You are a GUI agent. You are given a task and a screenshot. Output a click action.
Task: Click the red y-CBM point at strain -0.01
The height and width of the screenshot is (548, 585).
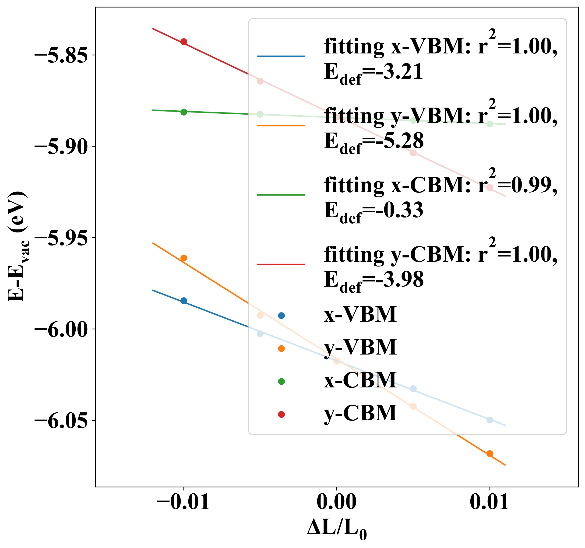(x=184, y=42)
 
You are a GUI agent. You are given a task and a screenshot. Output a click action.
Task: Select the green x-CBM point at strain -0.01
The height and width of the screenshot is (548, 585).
(x=184, y=112)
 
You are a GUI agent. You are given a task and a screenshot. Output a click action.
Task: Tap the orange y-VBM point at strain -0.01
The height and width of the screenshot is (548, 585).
(x=184, y=258)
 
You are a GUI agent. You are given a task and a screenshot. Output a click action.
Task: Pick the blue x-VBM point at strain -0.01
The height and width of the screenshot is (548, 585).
(x=184, y=301)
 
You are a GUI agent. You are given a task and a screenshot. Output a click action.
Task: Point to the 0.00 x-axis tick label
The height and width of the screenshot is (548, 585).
(x=337, y=502)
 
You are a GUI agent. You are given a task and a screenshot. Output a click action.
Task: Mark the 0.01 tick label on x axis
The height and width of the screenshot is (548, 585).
(x=489, y=502)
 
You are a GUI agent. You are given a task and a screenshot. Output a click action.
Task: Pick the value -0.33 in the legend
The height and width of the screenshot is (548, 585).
(x=393, y=210)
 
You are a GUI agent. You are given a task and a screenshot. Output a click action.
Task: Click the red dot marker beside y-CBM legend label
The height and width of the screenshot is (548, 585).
(x=281, y=415)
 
